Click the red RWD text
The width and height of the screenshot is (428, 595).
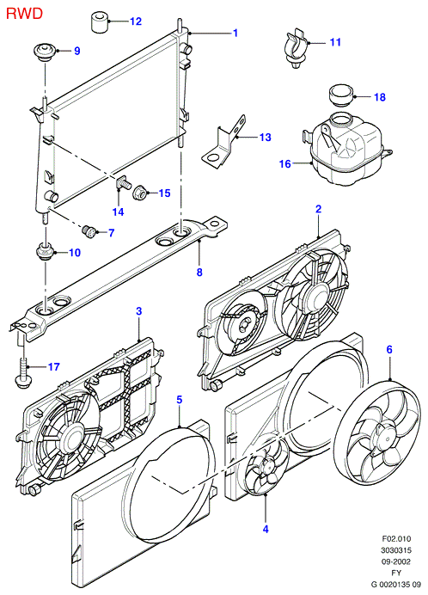[24, 14]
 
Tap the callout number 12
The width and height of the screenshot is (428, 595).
[136, 21]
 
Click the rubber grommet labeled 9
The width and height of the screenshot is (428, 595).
[45, 52]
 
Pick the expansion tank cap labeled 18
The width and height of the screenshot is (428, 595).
[340, 96]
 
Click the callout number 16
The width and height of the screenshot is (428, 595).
[285, 164]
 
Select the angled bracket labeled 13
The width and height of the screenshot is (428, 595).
[223, 142]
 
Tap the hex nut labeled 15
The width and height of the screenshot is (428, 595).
[139, 194]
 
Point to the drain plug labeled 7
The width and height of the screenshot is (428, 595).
[89, 231]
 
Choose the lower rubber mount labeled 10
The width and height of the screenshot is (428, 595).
[46, 253]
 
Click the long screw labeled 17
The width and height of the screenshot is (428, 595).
[22, 365]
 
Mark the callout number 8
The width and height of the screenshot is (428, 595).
[199, 272]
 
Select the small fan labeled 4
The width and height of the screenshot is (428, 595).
[266, 464]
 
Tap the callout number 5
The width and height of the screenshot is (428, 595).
[180, 399]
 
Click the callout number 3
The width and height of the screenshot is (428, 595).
[139, 311]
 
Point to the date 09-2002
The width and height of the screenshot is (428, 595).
[396, 561]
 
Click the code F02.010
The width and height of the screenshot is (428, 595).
[396, 538]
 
